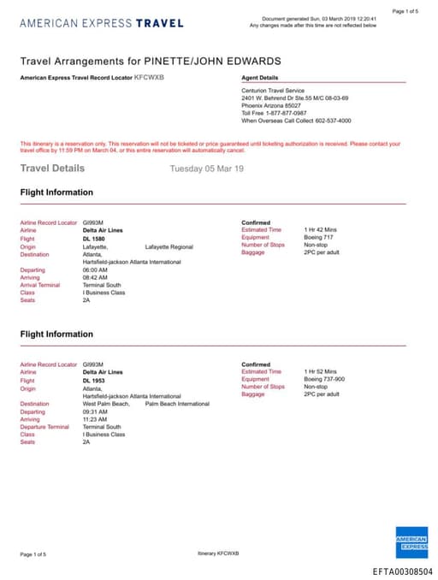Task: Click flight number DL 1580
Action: point(94,239)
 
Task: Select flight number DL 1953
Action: point(94,381)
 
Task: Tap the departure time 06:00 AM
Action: point(95,269)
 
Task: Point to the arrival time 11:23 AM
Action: point(95,419)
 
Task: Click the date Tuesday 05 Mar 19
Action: point(207,169)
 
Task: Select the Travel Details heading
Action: point(52,169)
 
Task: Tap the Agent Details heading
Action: point(260,78)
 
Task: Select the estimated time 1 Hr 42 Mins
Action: point(321,230)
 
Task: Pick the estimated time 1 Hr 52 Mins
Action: point(321,372)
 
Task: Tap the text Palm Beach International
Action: point(177,404)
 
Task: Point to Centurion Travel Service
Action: point(273,91)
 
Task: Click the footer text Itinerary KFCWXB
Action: point(218,553)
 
